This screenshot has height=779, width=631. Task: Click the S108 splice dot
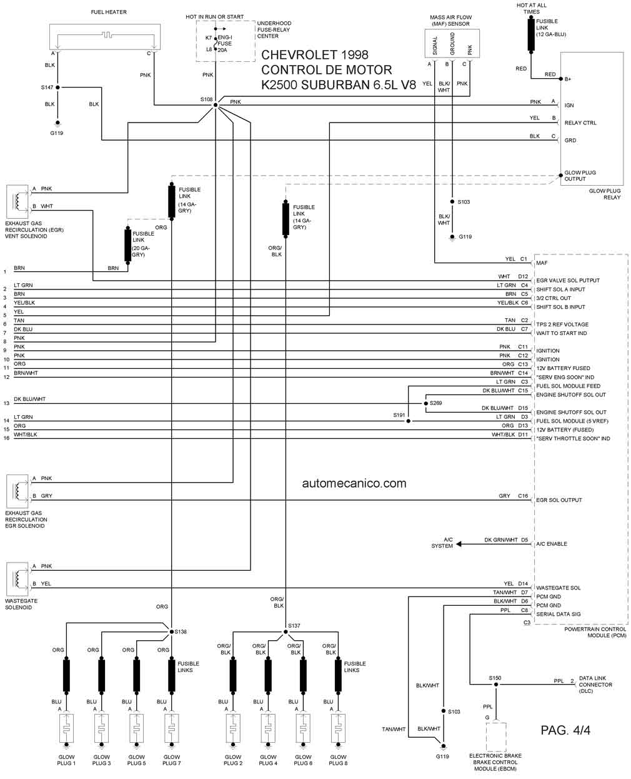(x=215, y=105)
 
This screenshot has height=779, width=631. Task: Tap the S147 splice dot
(x=57, y=88)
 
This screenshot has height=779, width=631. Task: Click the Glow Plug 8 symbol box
(x=338, y=728)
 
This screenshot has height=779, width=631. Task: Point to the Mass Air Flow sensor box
(x=452, y=44)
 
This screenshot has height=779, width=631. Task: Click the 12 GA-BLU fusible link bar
(x=531, y=35)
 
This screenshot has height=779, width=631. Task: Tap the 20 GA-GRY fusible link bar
(x=127, y=244)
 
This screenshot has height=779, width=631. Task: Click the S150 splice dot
(x=495, y=684)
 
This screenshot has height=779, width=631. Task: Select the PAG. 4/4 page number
(x=565, y=730)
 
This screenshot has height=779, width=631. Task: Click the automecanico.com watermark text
(x=354, y=483)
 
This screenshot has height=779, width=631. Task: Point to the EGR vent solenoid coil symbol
(x=17, y=201)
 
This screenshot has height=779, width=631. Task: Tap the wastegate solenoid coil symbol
(x=17, y=579)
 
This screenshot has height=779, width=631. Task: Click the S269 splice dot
(x=425, y=403)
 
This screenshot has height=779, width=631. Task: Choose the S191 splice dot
(x=408, y=421)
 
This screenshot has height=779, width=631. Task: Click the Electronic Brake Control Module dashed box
(x=496, y=736)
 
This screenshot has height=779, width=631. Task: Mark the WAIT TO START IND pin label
(x=561, y=333)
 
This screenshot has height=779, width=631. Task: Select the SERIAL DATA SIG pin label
(x=559, y=614)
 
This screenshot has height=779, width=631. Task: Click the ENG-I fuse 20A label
(x=224, y=44)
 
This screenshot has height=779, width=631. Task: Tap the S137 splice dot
(x=286, y=631)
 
